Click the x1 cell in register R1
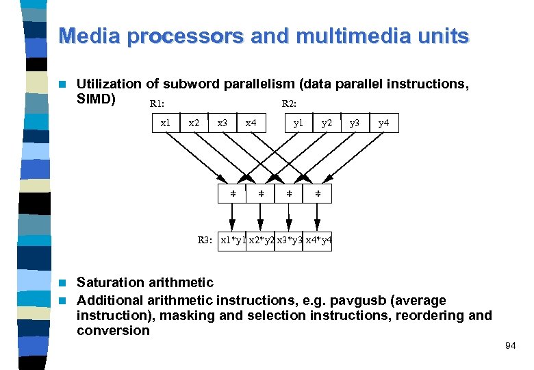point(165,123)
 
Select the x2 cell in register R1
point(194,123)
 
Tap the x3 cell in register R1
point(222,123)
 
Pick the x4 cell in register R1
point(251,123)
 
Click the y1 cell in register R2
point(298,123)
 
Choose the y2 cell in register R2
point(327,123)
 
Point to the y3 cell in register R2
point(355,123)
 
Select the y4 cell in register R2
point(383,123)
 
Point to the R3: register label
point(205,241)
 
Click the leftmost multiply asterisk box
point(232,195)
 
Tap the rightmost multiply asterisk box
point(318,195)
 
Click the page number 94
point(510,346)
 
